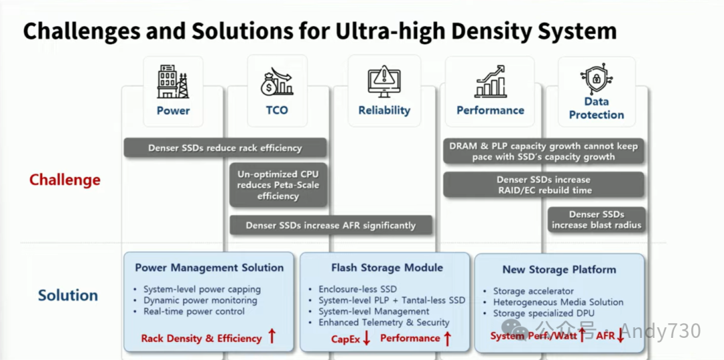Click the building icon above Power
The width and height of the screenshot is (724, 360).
coord(173,81)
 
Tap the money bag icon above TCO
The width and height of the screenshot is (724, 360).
coord(277,81)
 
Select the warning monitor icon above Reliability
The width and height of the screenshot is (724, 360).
coord(383,80)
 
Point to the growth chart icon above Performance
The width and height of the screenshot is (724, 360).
coord(490,80)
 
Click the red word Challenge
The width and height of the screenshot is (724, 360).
coord(65,180)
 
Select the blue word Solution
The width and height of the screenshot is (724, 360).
coord(68,295)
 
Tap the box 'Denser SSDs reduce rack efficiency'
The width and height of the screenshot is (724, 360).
coord(225,147)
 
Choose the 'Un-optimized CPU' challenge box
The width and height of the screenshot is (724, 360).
coord(278,185)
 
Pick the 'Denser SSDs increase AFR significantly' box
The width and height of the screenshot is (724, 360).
coord(330,225)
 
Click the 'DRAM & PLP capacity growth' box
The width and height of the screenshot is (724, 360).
coord(544,151)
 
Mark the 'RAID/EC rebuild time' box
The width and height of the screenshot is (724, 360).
coord(544,184)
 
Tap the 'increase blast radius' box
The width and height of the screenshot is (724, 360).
coord(597,220)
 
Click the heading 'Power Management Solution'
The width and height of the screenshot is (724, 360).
coord(209,267)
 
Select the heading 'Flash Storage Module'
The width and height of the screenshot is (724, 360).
coord(387,267)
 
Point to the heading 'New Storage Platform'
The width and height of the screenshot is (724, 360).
coord(559,269)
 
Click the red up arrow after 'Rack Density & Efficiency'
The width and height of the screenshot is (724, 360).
coord(271,337)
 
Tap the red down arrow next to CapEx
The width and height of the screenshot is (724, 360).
coord(366,338)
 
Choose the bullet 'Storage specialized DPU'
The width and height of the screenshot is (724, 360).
coord(544,313)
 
